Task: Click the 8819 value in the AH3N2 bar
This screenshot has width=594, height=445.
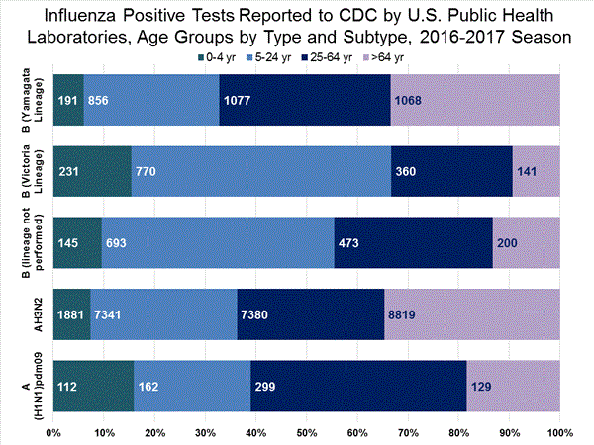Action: click(x=472, y=313)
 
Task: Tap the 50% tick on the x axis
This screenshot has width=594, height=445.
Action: click(x=307, y=432)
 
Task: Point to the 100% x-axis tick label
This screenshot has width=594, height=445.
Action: click(x=559, y=432)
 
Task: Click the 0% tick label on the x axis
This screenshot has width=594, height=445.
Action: click(x=54, y=432)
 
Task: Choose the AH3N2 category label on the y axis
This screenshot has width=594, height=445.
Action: click(x=30, y=313)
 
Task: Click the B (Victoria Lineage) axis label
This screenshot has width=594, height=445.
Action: click(x=30, y=171)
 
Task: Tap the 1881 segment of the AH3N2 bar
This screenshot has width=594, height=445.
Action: click(x=72, y=313)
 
